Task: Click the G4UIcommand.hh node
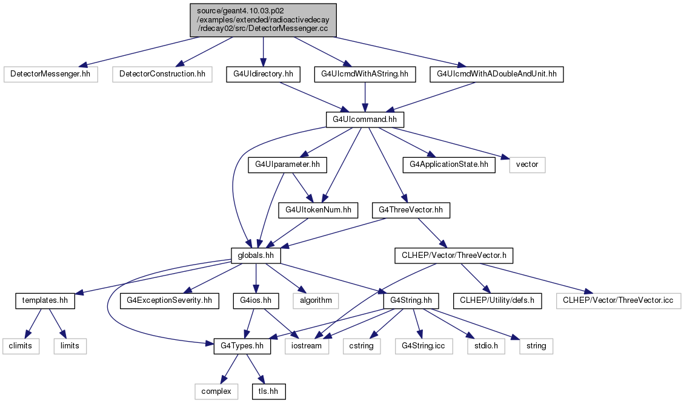(365, 120)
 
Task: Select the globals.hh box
(256, 256)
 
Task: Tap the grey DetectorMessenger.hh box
(50, 74)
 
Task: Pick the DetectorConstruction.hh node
(162, 74)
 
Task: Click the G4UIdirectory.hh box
(263, 74)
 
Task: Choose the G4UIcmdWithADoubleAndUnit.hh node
(496, 74)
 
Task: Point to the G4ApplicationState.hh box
(449, 165)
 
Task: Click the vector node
(527, 165)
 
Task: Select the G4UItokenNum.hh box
(319, 210)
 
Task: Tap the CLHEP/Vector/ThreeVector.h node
(454, 256)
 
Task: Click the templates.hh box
(45, 300)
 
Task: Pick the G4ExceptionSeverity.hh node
(169, 300)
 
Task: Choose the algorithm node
(316, 300)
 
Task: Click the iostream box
(306, 346)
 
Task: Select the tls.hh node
(268, 391)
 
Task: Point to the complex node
(216, 391)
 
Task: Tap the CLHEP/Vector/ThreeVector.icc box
(618, 300)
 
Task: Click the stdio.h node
(486, 346)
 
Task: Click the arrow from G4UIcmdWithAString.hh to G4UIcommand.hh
(365, 97)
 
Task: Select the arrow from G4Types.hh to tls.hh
(255, 369)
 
